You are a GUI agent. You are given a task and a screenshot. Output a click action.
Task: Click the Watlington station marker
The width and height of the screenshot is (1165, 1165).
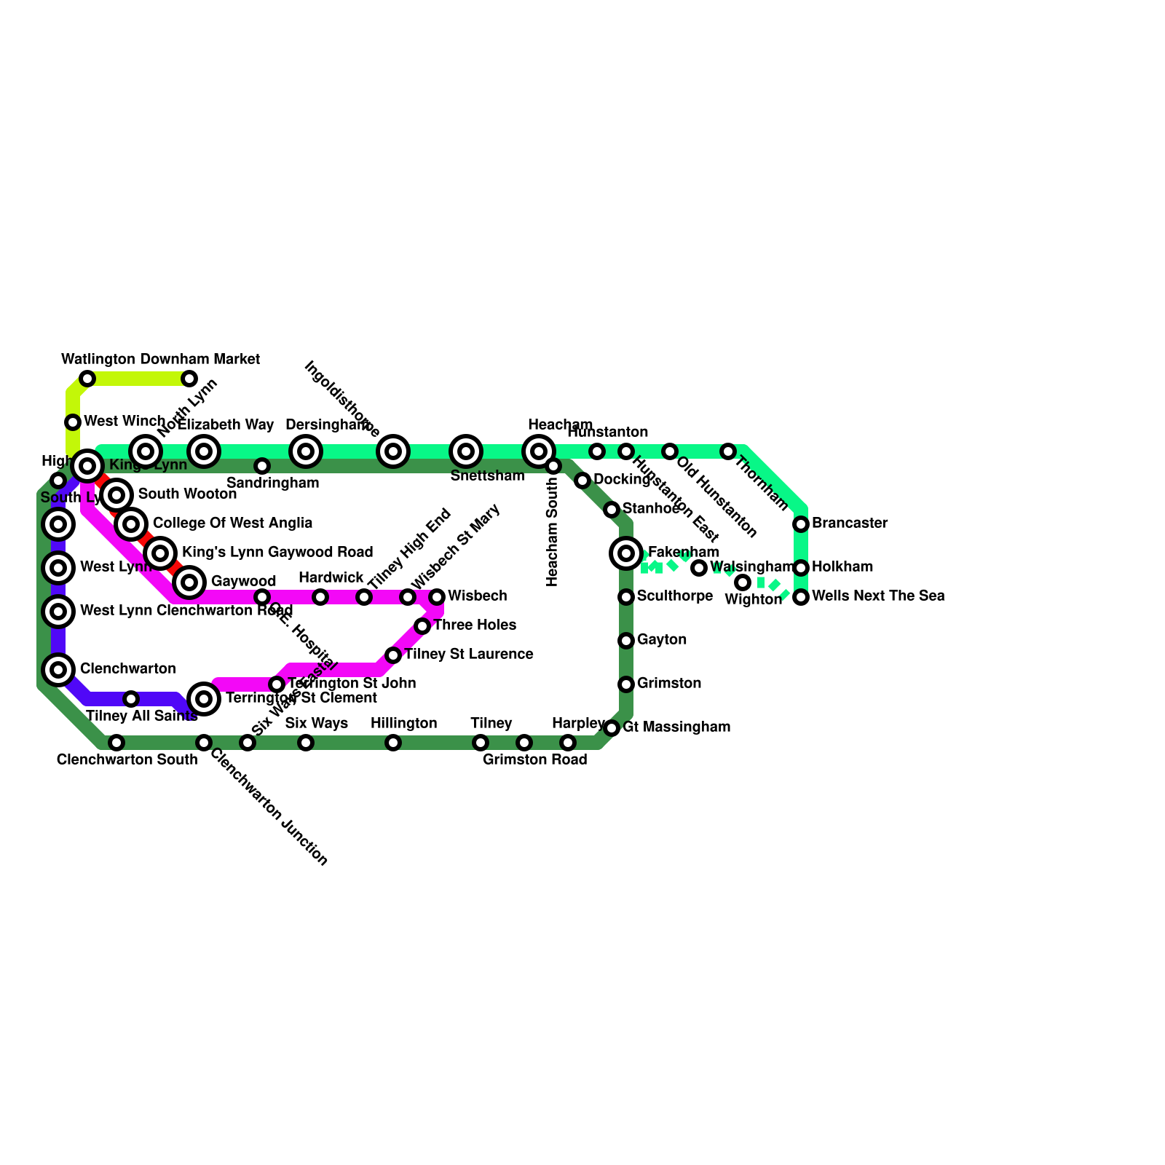[x=87, y=379]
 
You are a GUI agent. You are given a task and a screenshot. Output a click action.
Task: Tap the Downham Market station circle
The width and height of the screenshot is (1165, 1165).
[x=189, y=379]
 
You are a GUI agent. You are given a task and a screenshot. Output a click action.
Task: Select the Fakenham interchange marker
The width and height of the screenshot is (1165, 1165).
[x=626, y=553]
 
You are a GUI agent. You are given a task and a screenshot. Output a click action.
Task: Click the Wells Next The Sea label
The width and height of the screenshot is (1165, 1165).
[x=878, y=596]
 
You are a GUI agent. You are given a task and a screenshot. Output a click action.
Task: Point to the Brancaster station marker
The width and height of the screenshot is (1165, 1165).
[x=801, y=524]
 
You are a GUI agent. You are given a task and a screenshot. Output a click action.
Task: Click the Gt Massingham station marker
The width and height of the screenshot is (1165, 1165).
[x=612, y=728]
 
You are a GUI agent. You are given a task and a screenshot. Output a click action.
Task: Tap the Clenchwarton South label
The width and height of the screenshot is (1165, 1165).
[x=127, y=760]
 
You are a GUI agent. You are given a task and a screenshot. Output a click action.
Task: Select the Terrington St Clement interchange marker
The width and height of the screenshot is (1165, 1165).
[x=204, y=699]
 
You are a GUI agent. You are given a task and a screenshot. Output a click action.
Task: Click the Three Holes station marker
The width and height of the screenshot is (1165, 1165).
[x=422, y=626]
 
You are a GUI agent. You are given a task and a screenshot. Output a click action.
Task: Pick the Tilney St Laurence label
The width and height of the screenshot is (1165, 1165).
[x=469, y=654]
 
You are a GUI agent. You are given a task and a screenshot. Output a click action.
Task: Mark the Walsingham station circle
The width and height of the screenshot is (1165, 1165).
[x=699, y=568]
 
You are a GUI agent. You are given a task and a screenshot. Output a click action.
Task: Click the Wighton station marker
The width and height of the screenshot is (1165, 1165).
[x=743, y=582]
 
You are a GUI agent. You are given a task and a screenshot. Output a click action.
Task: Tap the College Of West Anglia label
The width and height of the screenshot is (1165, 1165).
[x=233, y=523]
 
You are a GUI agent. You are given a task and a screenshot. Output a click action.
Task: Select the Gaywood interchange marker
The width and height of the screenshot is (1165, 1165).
[x=189, y=582]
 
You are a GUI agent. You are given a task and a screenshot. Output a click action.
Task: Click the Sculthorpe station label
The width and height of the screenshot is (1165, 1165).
[x=675, y=596]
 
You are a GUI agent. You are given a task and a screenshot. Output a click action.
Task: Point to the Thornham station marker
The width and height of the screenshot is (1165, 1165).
[x=728, y=451]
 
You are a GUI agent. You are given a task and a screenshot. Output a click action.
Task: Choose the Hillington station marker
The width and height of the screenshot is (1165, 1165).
[x=393, y=743]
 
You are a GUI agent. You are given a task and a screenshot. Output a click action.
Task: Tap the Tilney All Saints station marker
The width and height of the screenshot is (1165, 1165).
[x=131, y=699]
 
